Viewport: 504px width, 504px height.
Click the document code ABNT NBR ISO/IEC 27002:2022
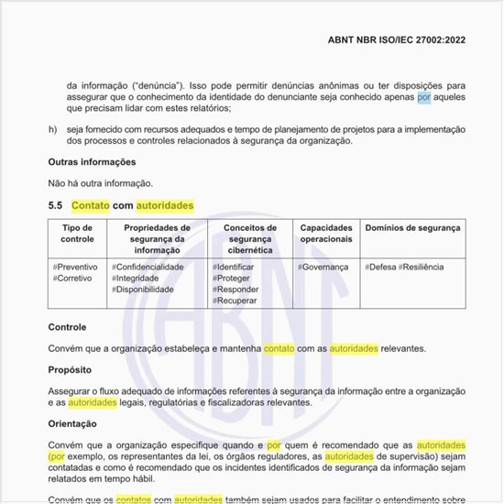(x=403, y=40)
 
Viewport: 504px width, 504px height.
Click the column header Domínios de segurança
(x=412, y=227)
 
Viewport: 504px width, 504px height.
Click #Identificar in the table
(x=234, y=267)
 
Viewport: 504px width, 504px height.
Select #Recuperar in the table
(x=235, y=301)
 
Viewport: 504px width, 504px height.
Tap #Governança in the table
(x=323, y=267)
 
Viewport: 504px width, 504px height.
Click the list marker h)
(x=52, y=128)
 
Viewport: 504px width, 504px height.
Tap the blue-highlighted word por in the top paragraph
(x=423, y=95)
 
